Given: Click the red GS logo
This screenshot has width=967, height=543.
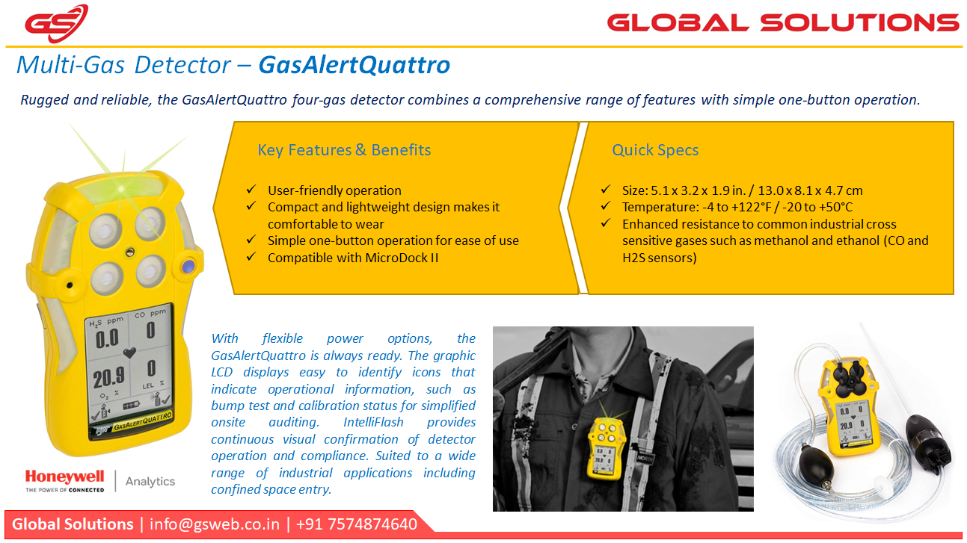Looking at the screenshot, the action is pos(56,23).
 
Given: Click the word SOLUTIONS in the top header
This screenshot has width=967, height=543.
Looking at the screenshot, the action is pos(859,23).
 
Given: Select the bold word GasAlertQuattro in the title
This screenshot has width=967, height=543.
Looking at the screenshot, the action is pos(354,65).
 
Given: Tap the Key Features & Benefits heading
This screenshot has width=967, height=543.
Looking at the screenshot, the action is pos(344,149).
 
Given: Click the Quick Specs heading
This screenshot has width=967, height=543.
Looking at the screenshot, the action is pos(655,150).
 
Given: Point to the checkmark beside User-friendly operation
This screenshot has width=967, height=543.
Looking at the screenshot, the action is pos(251,189).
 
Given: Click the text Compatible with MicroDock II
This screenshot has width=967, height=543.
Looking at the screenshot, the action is pos(353,258).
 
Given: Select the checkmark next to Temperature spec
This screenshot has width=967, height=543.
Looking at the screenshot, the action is pos(606,205).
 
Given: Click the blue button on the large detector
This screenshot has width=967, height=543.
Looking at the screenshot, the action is pos(188,266).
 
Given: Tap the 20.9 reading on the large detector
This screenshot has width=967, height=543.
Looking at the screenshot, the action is pos(108,377).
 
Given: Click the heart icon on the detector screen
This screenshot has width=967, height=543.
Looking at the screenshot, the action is pos(129,353).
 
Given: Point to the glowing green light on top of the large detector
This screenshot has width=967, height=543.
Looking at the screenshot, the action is pos(121,188).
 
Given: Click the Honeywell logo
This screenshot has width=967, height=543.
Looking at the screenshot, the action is pos(65,480).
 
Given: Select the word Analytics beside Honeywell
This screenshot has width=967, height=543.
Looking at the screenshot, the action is pos(150,481).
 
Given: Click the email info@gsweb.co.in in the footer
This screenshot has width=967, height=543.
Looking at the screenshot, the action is pos(215,524).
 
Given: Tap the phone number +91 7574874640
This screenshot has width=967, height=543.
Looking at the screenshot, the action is pos(357,524).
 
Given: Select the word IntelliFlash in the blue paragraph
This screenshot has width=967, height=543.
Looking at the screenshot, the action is pos(373,422).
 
